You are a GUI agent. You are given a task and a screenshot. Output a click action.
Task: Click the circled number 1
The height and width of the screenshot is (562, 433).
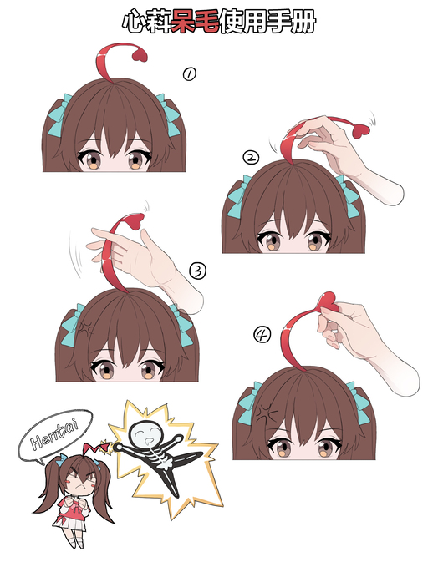click(x=189, y=74)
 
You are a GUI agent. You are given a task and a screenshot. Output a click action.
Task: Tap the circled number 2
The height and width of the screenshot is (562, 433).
click(x=251, y=157)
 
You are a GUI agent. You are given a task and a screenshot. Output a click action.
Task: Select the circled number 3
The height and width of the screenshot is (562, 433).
click(x=197, y=271)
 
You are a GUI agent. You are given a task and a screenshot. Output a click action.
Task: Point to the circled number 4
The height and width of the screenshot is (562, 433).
click(x=262, y=335)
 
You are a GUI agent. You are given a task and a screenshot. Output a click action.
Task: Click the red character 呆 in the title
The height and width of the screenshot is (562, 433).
click(x=183, y=21)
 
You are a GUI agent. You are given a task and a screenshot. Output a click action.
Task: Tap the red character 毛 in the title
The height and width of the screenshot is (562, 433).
click(x=207, y=21)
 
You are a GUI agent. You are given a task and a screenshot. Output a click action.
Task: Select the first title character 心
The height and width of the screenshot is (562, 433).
click(x=135, y=22)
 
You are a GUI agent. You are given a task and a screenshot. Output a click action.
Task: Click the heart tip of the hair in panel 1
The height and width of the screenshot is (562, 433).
click(x=140, y=56)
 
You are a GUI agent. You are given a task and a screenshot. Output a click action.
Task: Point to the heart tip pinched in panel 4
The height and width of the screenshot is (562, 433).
click(x=329, y=301)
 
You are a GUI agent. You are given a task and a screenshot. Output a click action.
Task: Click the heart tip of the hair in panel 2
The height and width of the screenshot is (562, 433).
click(x=360, y=132)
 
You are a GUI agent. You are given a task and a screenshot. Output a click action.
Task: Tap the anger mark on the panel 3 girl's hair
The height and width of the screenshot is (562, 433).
click(x=86, y=327)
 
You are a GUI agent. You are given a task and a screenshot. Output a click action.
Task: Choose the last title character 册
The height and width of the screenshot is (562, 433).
click(x=303, y=22)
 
